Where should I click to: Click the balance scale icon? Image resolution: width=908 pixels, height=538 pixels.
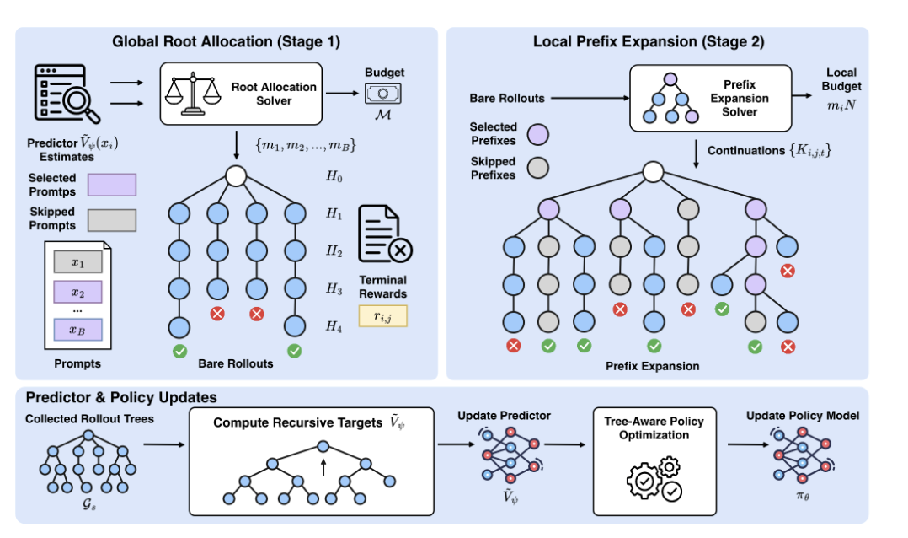click(x=193, y=94)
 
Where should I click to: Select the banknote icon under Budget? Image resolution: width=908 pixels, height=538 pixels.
click(x=382, y=94)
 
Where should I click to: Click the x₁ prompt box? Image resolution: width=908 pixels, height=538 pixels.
click(x=77, y=262)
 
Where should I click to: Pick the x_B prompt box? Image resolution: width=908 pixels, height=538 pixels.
click(x=77, y=329)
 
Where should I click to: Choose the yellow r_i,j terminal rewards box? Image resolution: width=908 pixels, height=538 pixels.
click(x=382, y=316)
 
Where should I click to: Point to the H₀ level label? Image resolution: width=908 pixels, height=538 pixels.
click(x=334, y=176)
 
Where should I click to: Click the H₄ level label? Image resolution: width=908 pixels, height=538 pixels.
click(x=334, y=326)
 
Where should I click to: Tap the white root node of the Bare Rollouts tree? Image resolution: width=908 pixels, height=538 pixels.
click(x=236, y=175)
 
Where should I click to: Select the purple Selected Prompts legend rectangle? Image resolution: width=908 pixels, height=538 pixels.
click(x=112, y=185)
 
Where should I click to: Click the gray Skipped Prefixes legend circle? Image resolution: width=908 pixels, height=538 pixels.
click(x=538, y=168)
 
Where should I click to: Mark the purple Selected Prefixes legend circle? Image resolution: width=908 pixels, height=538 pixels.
click(x=538, y=134)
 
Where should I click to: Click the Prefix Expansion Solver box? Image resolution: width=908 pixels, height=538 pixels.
click(x=711, y=98)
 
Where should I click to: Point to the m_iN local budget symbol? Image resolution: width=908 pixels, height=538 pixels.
click(x=841, y=105)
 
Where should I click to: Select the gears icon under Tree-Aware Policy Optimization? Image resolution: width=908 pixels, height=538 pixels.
click(x=654, y=479)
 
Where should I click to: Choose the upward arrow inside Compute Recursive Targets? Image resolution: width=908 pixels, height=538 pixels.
click(x=323, y=467)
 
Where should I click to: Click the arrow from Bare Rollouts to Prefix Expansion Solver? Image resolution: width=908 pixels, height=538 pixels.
click(x=590, y=98)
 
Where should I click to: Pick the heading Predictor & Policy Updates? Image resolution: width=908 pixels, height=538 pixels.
click(x=121, y=397)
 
